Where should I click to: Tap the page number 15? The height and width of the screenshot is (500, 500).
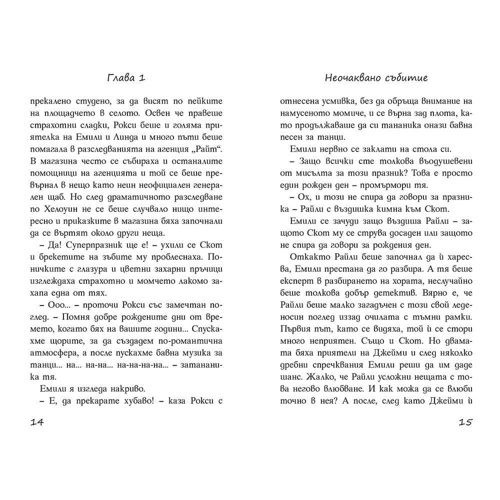click(x=464, y=422)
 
